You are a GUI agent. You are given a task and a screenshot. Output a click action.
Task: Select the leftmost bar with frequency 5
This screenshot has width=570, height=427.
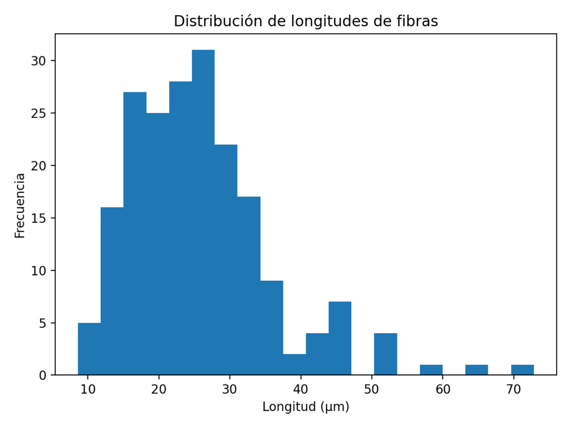pyautogui.click(x=89, y=349)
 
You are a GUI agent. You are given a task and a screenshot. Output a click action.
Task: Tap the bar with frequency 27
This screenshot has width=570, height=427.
pyautogui.click(x=135, y=234)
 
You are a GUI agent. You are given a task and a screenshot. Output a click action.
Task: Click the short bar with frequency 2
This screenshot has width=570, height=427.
pyautogui.click(x=294, y=364)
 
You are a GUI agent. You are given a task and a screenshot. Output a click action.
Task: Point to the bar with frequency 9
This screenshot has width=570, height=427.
pyautogui.click(x=272, y=327)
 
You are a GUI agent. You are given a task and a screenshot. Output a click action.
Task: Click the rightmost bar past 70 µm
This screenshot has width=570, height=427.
pyautogui.click(x=522, y=370)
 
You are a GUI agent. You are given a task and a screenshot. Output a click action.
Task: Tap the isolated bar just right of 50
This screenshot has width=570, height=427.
pyautogui.click(x=385, y=354)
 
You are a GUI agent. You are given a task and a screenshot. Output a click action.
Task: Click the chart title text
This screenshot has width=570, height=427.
pyautogui.click(x=306, y=21)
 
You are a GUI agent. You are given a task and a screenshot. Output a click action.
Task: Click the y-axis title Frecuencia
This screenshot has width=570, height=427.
pyautogui.click(x=20, y=206)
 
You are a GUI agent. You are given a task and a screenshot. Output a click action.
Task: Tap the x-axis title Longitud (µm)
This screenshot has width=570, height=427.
pyautogui.click(x=306, y=407)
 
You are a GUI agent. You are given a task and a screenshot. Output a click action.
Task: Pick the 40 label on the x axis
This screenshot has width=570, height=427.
pyautogui.click(x=301, y=389)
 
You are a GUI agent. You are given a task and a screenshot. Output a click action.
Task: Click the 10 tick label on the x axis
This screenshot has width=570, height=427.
pyautogui.click(x=88, y=389)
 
